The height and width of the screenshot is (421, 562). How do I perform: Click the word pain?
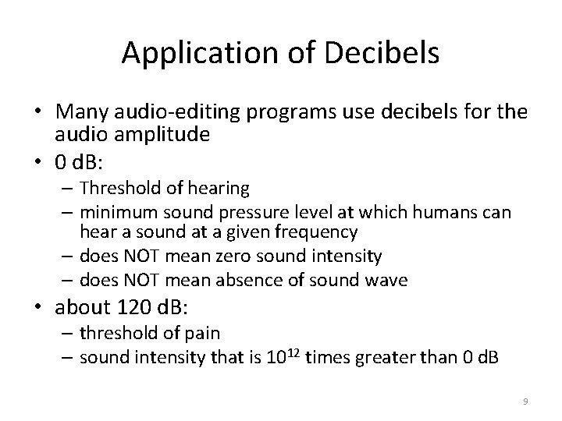pos(202,333)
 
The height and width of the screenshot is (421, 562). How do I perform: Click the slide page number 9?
pos(525,402)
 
